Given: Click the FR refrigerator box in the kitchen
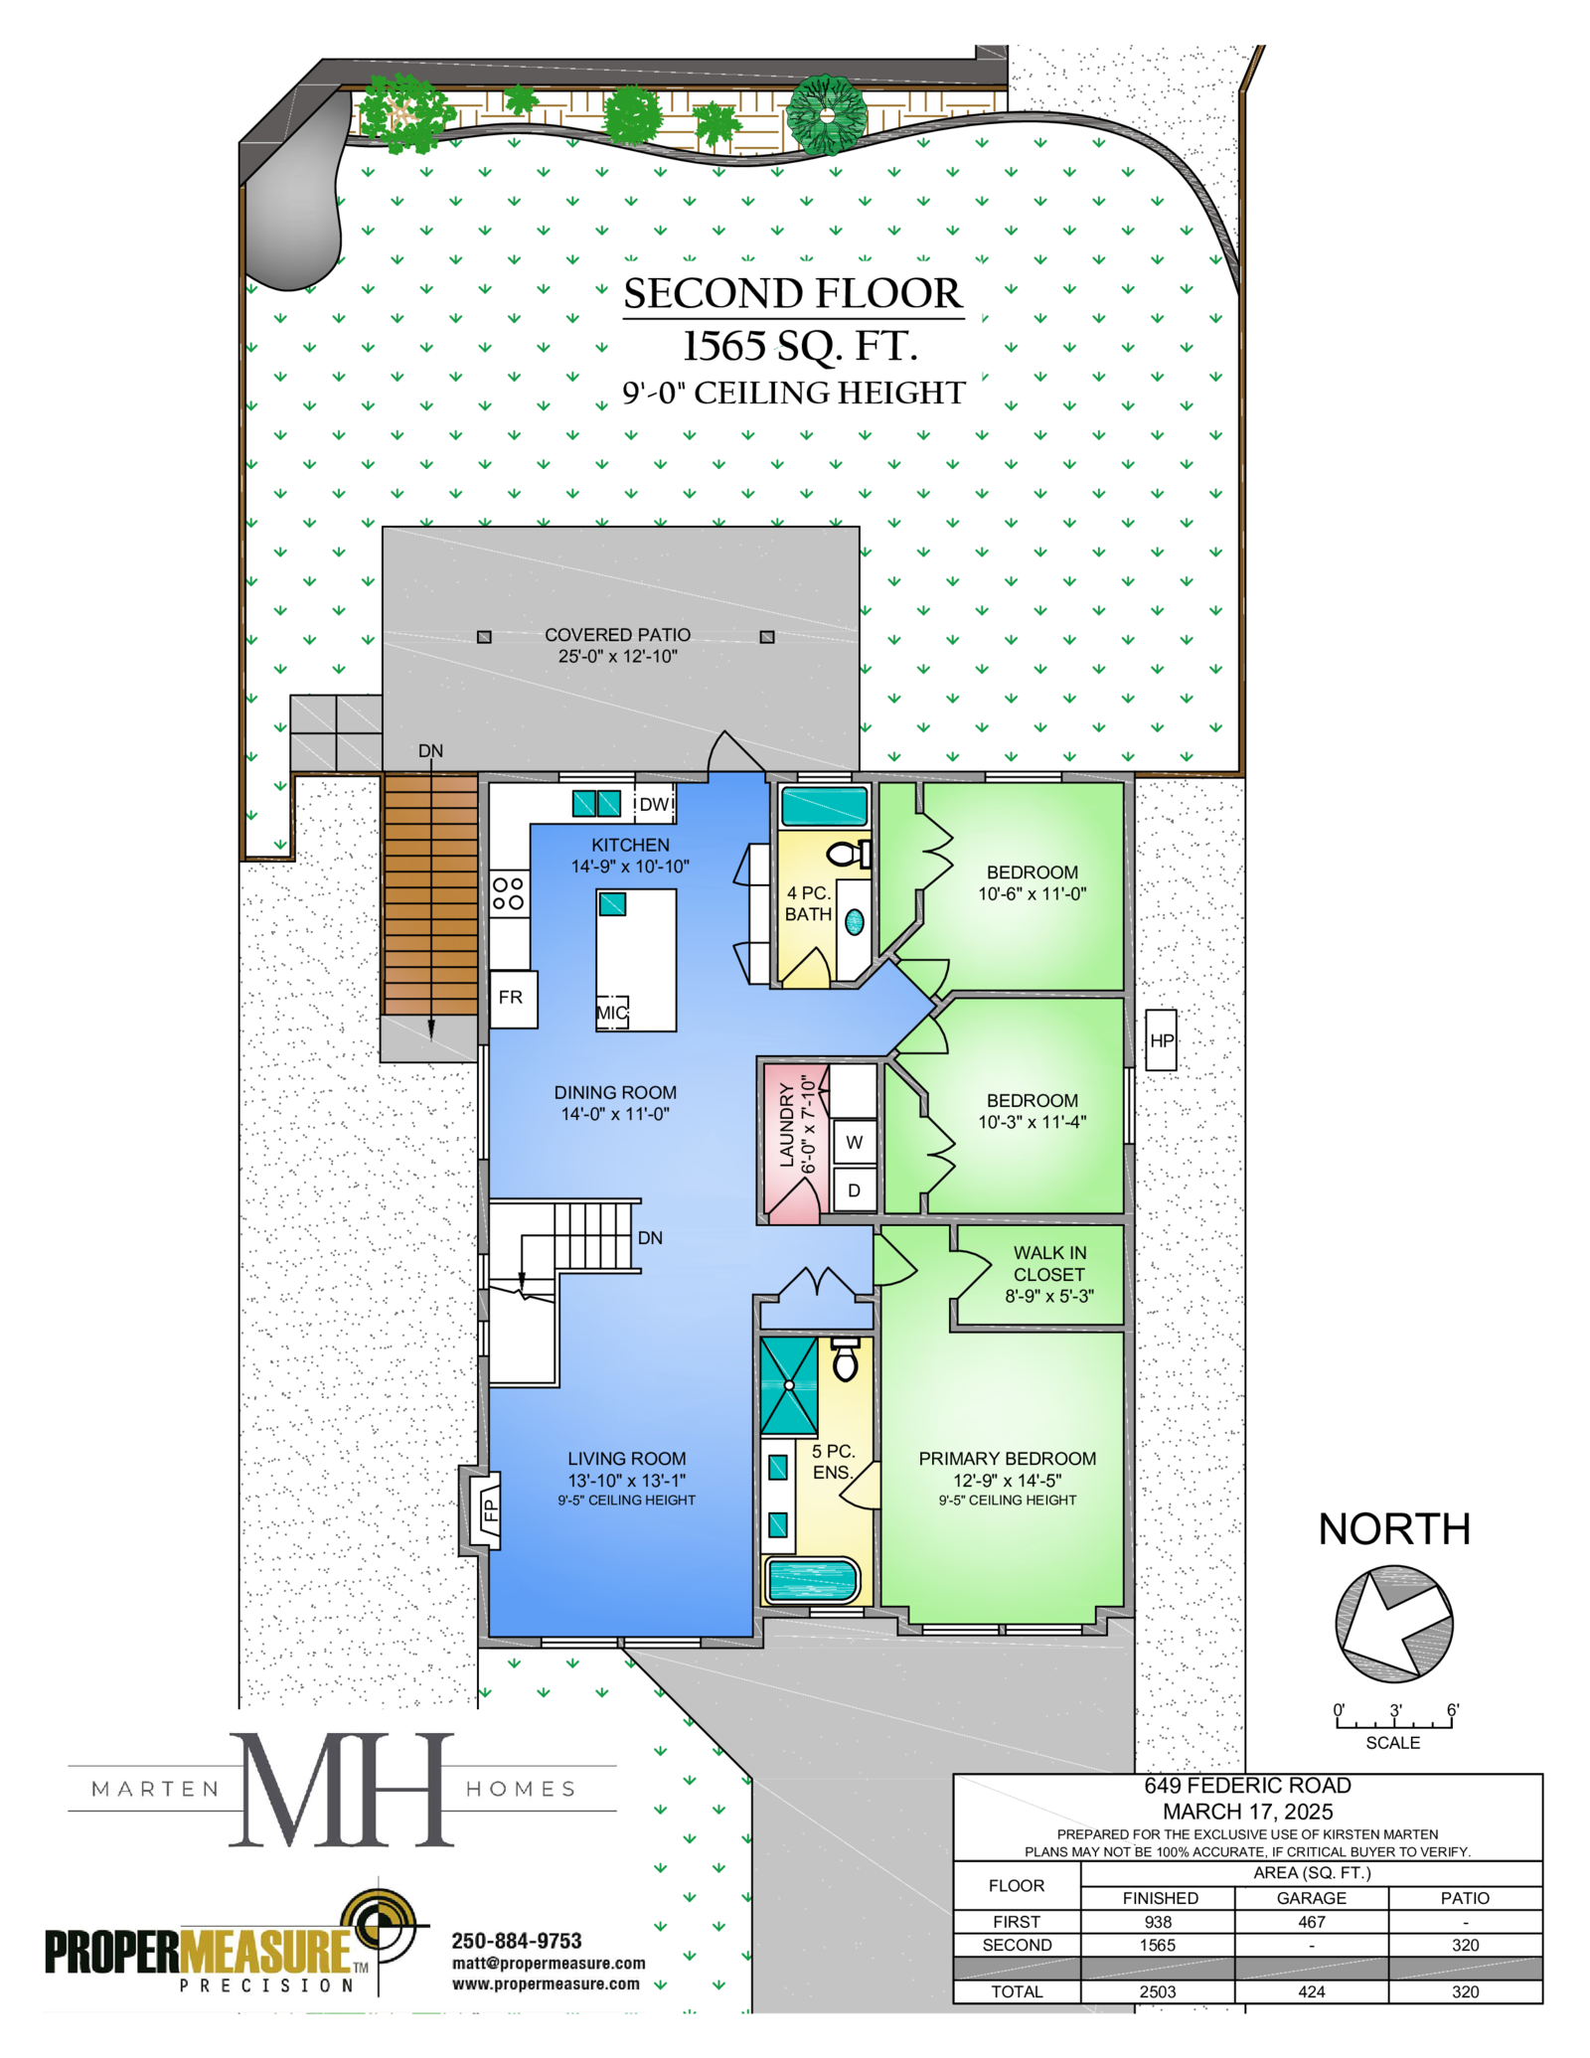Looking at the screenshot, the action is (513, 998).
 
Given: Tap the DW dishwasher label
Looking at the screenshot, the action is (654, 804).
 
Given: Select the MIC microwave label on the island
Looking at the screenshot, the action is (611, 1013).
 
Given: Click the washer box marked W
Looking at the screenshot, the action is (854, 1142).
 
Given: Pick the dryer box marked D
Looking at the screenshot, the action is (854, 1189).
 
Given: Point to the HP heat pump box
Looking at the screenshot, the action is (1161, 1039).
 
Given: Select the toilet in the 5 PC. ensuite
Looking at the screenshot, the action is (845, 1359).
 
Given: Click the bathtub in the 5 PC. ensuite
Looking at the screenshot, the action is (812, 1580).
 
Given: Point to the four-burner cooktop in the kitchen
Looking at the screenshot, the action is (509, 892).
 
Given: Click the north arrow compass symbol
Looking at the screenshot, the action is (1394, 1624).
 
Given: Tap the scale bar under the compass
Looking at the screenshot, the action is (1393, 1721).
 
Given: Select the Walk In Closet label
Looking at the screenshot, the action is (1049, 1274).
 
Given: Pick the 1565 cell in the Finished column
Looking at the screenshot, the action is (1158, 1945).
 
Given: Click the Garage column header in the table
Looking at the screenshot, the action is (1311, 1897).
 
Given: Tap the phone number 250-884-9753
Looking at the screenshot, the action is (517, 1941).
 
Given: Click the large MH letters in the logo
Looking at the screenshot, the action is (342, 1790).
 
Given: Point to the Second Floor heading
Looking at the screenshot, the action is (793, 294).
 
